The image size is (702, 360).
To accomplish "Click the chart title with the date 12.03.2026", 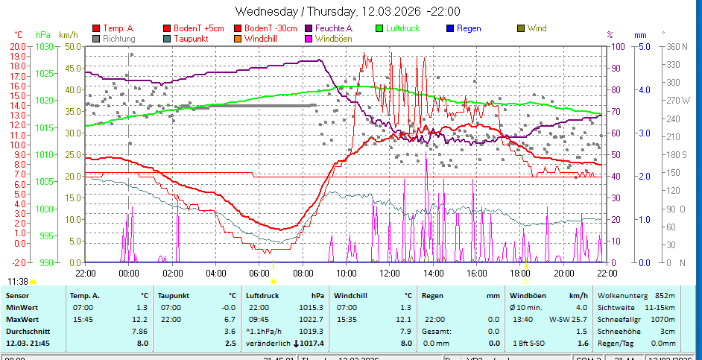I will (347, 11).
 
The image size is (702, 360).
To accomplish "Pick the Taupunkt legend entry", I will (190, 38).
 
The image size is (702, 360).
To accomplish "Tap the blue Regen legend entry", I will (468, 28).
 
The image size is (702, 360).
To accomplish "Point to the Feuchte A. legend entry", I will (335, 28).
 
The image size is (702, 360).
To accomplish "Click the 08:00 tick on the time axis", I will (303, 273).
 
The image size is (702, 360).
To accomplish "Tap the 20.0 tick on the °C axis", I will (18, 46).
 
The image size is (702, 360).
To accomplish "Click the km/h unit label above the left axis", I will (68, 35).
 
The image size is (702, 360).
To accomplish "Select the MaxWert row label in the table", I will (22, 307).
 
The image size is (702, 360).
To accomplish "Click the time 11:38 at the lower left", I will (18, 281).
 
